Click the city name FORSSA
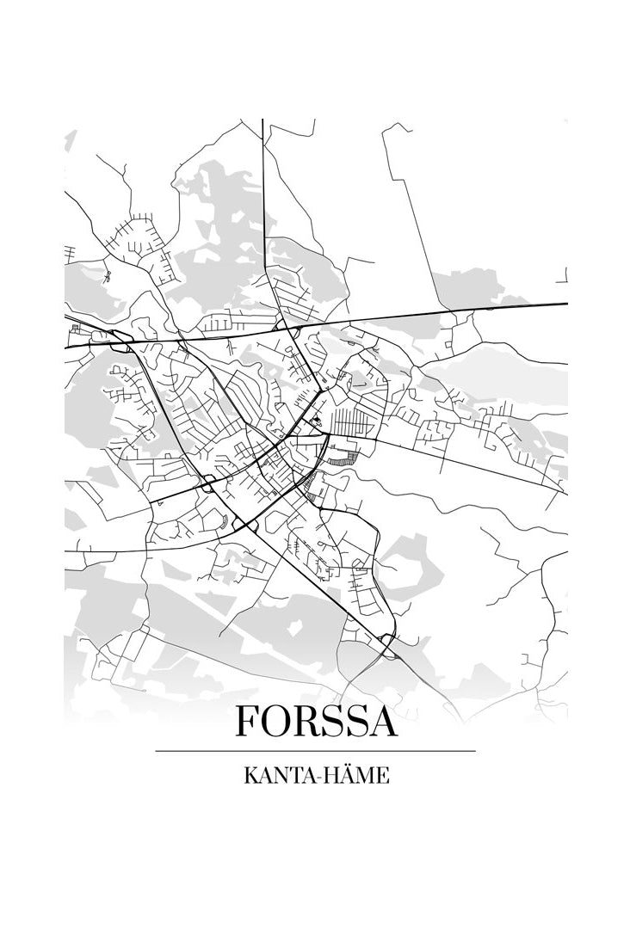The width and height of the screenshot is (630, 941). [316, 721]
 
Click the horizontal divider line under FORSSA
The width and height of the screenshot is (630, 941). [315, 751]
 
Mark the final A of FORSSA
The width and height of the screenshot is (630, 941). [381, 721]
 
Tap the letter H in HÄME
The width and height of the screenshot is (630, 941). [325, 776]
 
